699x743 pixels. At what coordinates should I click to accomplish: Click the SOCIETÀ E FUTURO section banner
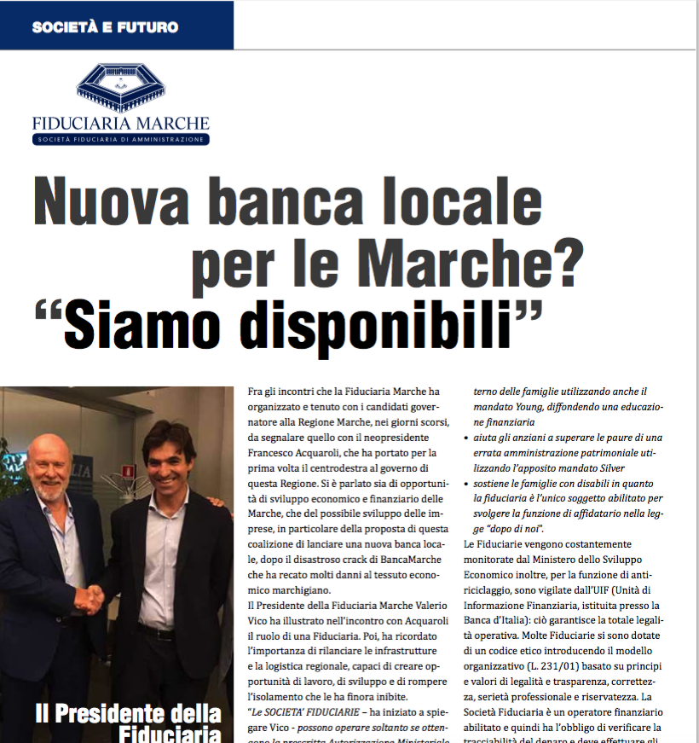pyautogui.click(x=106, y=26)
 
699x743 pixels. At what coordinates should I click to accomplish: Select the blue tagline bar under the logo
pyautogui.click(x=121, y=138)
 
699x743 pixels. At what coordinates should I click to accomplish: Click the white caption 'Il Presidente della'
pyautogui.click(x=128, y=713)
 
